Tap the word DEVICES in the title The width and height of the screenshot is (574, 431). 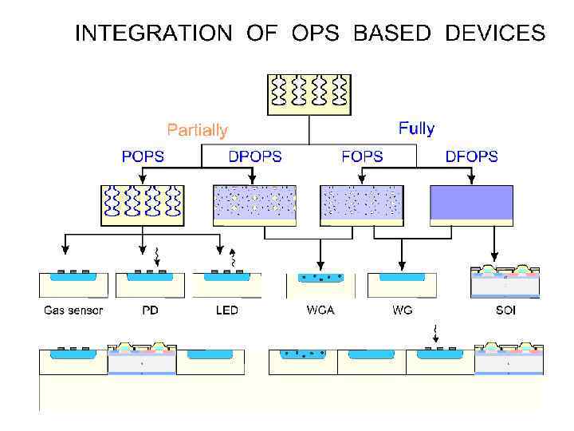[495, 34]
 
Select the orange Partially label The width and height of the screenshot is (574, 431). [197, 130]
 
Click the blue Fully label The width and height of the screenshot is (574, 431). [416, 128]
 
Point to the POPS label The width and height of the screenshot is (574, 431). [143, 156]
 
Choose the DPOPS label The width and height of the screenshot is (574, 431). [255, 156]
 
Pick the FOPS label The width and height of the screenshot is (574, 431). [362, 156]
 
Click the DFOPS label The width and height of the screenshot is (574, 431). [471, 156]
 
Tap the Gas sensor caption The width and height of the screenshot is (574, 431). [73, 310]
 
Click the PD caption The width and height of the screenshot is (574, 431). [149, 310]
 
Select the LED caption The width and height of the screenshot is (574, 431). [227, 310]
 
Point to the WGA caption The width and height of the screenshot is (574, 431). [320, 310]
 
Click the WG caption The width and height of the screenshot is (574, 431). [403, 310]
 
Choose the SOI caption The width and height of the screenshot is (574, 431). [505, 310]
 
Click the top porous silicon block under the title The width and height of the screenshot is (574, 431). [309, 95]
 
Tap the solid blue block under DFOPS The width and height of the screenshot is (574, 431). [471, 203]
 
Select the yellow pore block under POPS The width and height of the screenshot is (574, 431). [143, 204]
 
